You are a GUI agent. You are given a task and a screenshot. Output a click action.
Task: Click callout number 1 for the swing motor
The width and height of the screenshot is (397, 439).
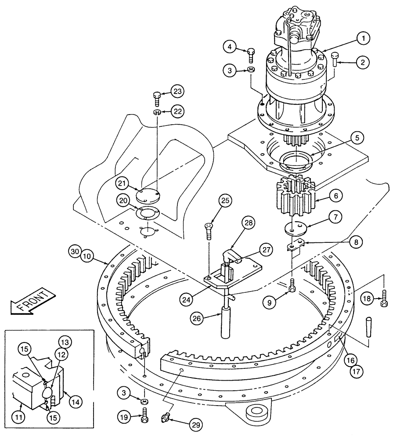click(x=363, y=39)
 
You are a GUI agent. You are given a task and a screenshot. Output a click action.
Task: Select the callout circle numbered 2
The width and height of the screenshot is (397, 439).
click(x=363, y=63)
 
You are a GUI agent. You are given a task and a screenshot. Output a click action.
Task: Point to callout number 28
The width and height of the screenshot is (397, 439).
click(x=249, y=223)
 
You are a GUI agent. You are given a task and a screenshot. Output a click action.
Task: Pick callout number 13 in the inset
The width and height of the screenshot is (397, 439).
click(x=65, y=342)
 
